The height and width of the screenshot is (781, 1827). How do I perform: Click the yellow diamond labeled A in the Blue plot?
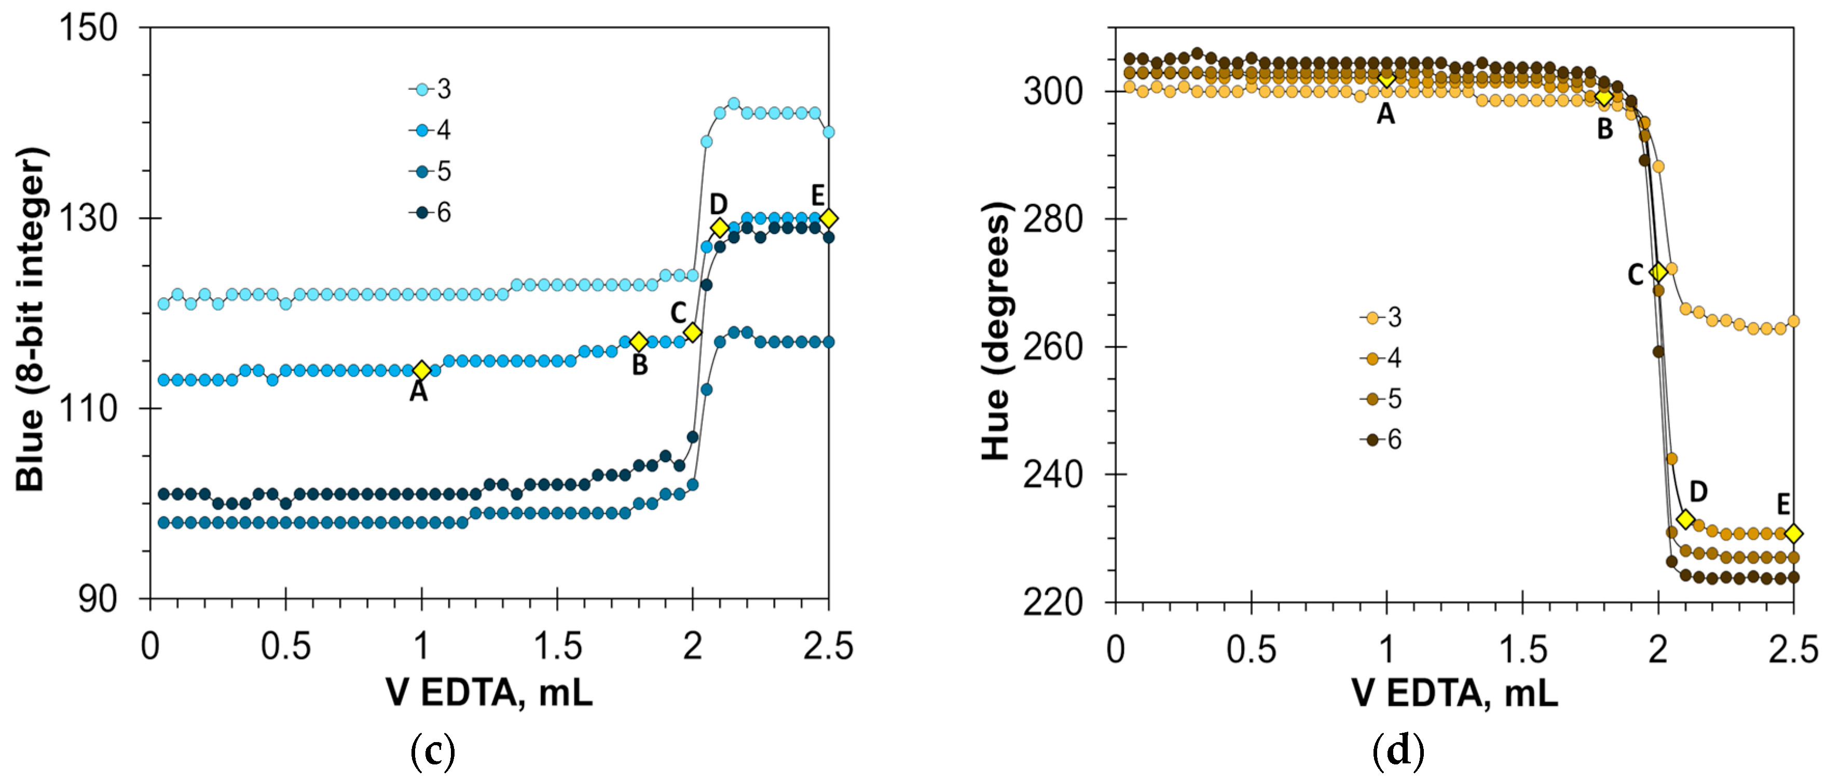[422, 370]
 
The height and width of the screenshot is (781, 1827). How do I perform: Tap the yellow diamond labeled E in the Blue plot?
[828, 218]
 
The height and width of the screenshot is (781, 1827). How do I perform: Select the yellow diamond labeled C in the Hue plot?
[1657, 272]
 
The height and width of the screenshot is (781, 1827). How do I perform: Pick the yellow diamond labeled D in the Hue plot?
[1685, 520]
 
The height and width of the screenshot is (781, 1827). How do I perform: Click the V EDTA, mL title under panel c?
[489, 692]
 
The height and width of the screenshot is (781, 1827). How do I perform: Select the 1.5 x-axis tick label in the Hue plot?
[1522, 648]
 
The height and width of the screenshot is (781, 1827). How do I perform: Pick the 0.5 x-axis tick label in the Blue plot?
[286, 646]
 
